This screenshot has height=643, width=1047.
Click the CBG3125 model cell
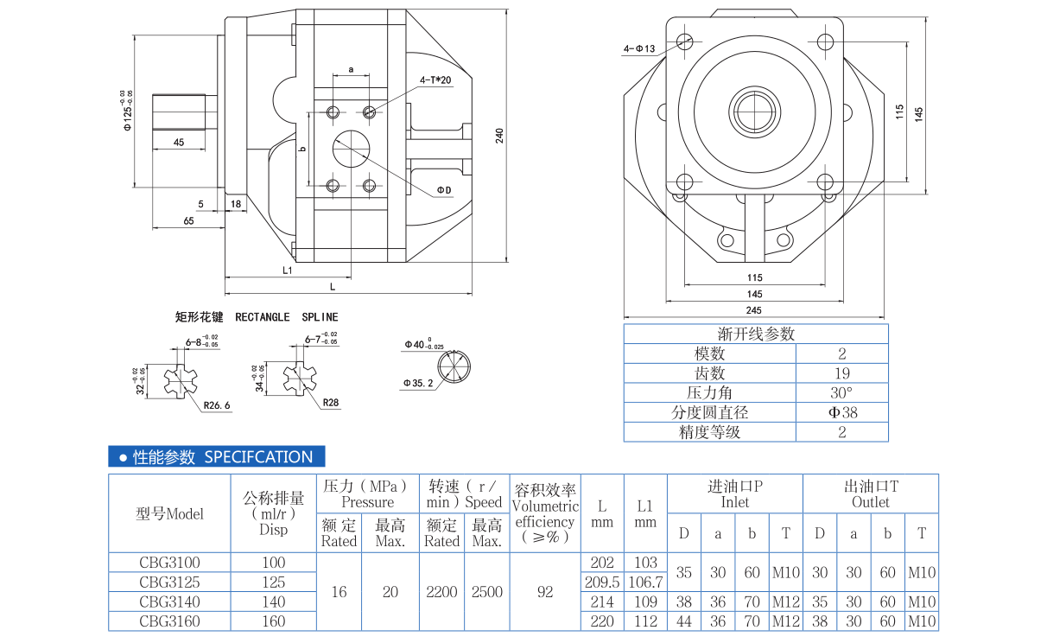(x=169, y=582)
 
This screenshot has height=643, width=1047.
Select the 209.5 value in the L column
(x=602, y=582)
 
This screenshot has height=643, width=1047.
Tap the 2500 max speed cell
(x=487, y=591)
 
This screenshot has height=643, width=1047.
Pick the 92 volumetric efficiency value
(x=545, y=591)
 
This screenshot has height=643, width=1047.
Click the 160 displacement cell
(x=273, y=621)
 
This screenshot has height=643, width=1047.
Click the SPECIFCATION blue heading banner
(x=216, y=457)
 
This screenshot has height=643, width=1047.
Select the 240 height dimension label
(x=498, y=135)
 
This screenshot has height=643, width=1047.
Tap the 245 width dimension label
(x=753, y=310)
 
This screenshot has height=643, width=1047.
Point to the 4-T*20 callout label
(x=435, y=80)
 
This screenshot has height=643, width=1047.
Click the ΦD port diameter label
(x=443, y=190)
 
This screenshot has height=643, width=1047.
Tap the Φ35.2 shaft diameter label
(x=417, y=382)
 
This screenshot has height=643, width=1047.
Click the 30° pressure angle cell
(x=841, y=392)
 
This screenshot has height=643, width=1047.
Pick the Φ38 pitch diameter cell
(x=841, y=412)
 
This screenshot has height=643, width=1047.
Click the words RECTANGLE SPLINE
(x=287, y=317)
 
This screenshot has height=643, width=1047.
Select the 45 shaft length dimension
(x=178, y=143)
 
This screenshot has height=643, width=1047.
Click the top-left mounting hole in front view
(x=686, y=40)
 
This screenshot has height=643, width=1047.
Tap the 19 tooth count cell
(x=841, y=373)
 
